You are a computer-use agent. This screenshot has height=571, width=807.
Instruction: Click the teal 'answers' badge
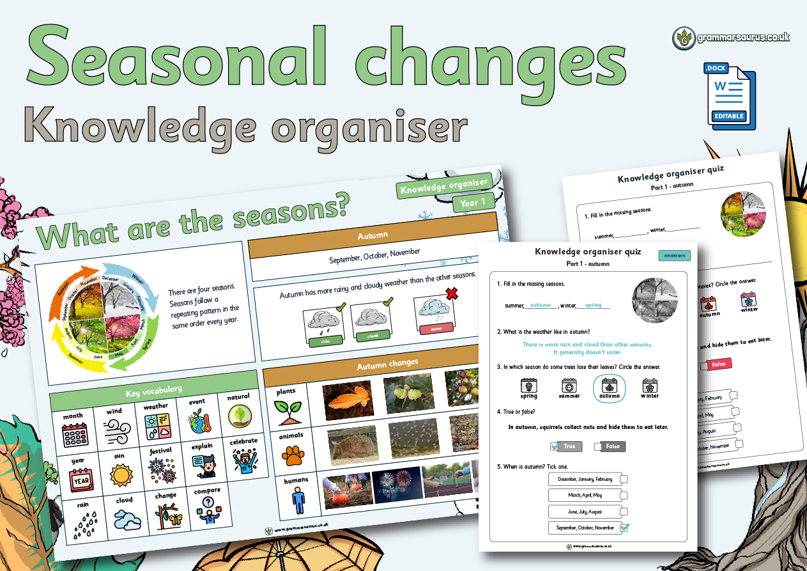(674, 255)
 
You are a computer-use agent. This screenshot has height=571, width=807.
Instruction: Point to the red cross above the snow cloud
(452, 293)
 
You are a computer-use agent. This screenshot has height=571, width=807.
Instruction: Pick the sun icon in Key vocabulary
(119, 475)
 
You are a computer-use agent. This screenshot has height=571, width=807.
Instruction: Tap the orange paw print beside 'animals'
(294, 455)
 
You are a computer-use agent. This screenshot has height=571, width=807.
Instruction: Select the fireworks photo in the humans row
(397, 484)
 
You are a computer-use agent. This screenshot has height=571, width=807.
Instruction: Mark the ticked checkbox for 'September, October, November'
(624, 528)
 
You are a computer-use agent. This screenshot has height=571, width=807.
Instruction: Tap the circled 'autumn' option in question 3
(609, 387)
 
